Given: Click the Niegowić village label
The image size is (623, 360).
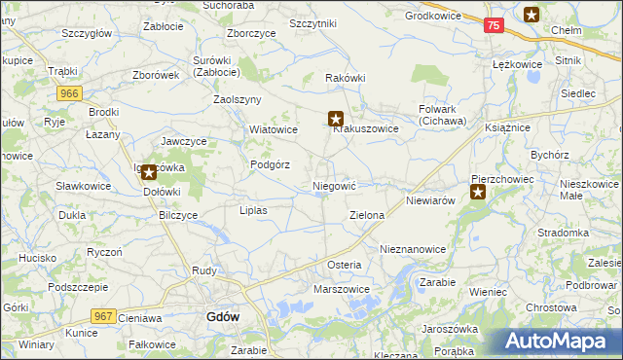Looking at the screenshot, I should (x=335, y=185).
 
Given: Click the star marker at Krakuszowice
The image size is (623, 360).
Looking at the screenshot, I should (x=336, y=119).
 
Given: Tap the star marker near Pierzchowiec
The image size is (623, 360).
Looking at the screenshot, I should (x=478, y=192).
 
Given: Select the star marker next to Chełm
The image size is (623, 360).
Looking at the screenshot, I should (x=531, y=14).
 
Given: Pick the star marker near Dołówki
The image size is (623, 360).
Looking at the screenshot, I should (x=148, y=173).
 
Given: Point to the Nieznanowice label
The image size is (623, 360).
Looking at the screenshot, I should (x=413, y=249).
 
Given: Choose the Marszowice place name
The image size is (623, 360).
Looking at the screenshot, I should (x=341, y=289).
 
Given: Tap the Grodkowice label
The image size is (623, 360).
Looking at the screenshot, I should (x=432, y=17).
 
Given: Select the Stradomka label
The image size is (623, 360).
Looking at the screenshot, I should (x=563, y=234).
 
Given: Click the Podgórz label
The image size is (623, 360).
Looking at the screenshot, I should (x=271, y=164).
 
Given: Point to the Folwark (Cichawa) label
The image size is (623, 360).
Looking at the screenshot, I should (x=443, y=116).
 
